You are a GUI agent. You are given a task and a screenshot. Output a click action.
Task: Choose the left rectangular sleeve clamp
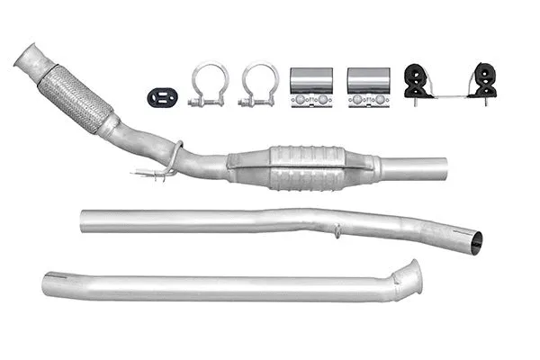tap(311, 86)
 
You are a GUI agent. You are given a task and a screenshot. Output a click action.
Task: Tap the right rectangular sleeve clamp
tap(368, 86)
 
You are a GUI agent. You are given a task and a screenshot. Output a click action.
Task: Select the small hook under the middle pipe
tap(337, 233)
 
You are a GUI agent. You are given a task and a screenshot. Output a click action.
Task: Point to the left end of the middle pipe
tap(85, 221)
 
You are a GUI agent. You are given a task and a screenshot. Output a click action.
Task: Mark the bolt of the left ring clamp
tap(208, 102)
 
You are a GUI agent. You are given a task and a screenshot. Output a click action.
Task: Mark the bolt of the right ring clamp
tap(258, 102)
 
